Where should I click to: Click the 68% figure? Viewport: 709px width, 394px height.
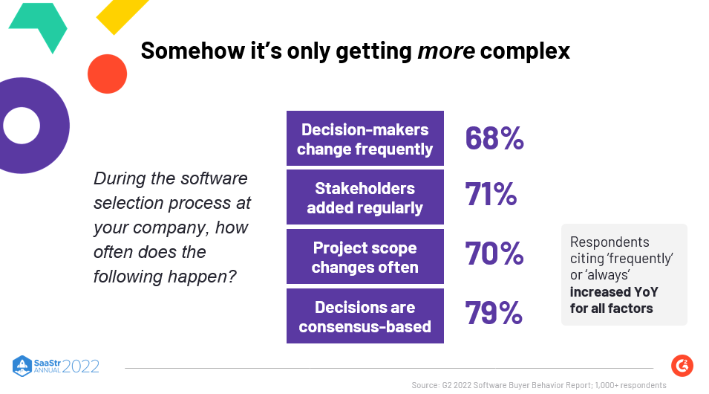tap(494, 138)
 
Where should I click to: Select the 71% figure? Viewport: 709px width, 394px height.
tap(491, 195)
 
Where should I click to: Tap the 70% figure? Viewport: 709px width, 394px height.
tap(494, 254)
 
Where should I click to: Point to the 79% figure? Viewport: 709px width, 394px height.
tap(494, 313)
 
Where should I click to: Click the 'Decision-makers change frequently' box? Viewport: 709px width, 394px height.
tap(365, 138)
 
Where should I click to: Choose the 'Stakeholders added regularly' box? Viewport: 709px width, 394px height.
tap(365, 197)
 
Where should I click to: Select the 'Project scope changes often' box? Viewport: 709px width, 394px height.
tap(365, 256)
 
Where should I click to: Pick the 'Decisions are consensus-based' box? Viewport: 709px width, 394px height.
tap(365, 316)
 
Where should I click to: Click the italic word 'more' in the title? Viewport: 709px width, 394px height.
tap(445, 51)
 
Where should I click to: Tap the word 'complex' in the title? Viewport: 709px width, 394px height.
tap(525, 51)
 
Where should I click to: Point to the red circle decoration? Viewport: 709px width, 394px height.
tap(108, 74)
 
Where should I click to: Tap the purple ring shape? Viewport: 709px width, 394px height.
tap(26, 126)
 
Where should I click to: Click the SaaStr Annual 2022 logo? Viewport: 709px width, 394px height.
tap(56, 365)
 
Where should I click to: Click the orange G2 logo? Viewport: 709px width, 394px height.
tap(682, 365)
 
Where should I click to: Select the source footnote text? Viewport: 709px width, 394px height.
tap(538, 385)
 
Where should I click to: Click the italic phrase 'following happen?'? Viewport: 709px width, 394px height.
tap(165, 277)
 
